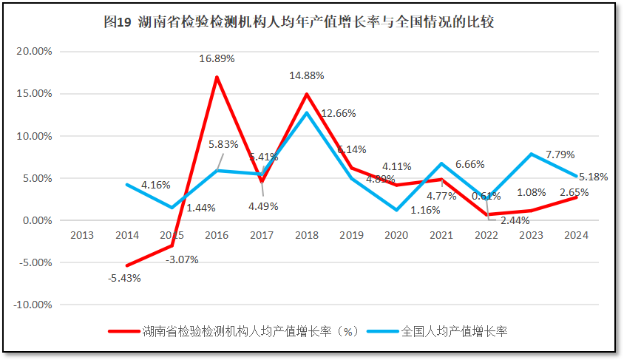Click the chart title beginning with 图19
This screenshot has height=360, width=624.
point(299,23)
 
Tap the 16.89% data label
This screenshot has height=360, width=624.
point(217,59)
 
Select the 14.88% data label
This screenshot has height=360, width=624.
point(307,75)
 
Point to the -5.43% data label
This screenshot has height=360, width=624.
point(123,278)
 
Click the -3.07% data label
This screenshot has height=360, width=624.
point(181,259)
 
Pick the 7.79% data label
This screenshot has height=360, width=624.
point(559,154)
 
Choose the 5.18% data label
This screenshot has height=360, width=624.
point(593,177)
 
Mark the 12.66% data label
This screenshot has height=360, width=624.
point(339,113)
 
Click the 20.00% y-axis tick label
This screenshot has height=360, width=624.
point(33,52)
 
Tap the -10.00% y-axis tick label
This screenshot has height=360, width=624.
point(32,305)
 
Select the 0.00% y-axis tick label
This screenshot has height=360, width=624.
point(35,220)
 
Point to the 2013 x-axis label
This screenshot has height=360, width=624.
point(81,235)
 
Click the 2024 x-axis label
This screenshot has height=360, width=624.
point(576,235)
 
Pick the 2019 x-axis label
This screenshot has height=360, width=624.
point(351,235)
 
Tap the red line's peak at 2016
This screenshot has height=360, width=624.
point(217,77)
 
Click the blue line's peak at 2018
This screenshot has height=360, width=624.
point(306,112)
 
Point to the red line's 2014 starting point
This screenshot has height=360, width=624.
point(126,266)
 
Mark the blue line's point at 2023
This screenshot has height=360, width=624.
point(531,154)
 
